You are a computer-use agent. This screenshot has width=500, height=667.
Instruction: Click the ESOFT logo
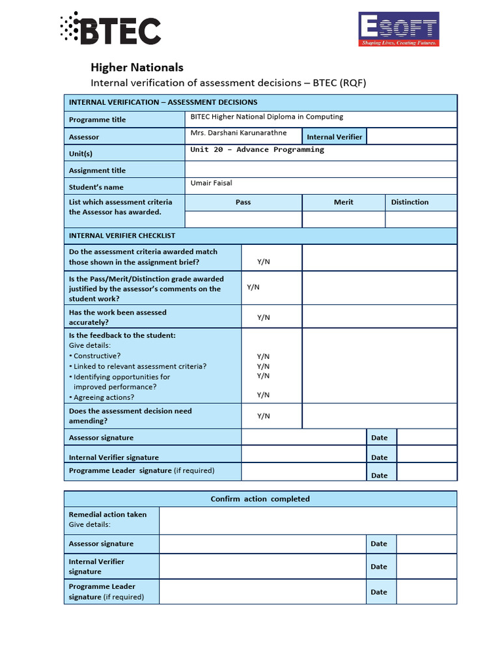point(398,29)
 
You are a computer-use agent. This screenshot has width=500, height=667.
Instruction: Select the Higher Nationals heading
point(137,67)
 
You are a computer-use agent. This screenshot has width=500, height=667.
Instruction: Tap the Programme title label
point(98,120)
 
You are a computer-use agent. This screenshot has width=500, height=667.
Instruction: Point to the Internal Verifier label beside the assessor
point(335,137)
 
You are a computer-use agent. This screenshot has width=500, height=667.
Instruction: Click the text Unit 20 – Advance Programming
point(257,150)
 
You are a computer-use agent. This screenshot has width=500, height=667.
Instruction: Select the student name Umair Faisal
point(211,183)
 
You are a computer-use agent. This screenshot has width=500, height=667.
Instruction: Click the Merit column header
point(343,202)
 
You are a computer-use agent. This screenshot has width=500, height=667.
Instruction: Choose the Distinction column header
point(410,202)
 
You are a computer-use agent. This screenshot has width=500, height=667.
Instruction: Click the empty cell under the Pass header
point(243,219)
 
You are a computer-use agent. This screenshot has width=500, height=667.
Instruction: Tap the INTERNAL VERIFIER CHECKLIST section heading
point(122,236)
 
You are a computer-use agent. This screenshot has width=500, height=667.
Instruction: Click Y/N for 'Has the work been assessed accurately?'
point(263,317)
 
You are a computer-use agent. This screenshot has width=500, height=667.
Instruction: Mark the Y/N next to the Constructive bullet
point(263,356)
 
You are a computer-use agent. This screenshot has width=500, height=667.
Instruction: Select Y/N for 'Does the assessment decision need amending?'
point(263,416)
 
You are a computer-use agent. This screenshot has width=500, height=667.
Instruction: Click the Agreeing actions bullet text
point(104,397)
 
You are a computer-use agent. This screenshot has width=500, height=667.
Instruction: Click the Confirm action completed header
point(260,499)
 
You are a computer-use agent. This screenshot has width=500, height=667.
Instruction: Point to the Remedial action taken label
point(107,515)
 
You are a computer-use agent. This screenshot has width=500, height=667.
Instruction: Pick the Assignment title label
point(97,171)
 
